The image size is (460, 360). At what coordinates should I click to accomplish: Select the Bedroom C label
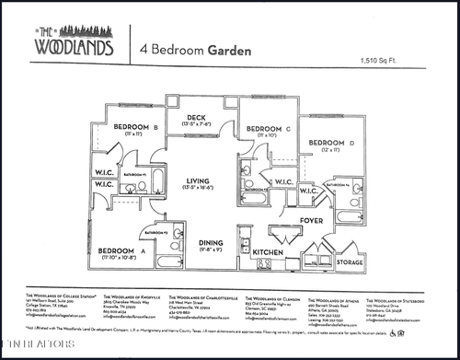tap(264, 128)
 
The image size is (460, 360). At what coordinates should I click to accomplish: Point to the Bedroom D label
tap(330, 143)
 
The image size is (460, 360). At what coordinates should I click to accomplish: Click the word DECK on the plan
tap(196, 117)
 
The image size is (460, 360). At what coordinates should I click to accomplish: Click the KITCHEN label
tap(268, 251)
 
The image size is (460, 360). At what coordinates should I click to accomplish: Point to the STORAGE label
tap(350, 262)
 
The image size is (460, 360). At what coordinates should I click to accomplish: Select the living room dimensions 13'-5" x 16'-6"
tap(198, 189)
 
